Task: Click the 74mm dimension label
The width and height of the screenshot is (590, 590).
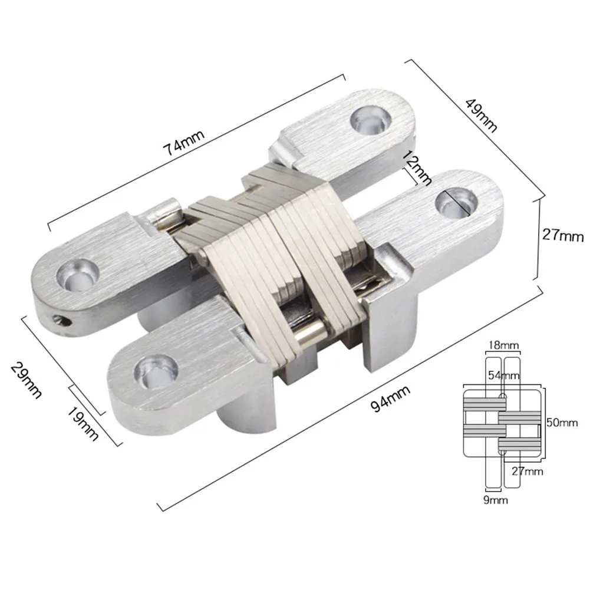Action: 184,142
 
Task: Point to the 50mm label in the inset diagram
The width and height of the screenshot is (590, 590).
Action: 562,422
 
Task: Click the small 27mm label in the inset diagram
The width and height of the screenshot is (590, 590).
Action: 526,471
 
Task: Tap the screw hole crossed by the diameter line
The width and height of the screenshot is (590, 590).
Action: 457,202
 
